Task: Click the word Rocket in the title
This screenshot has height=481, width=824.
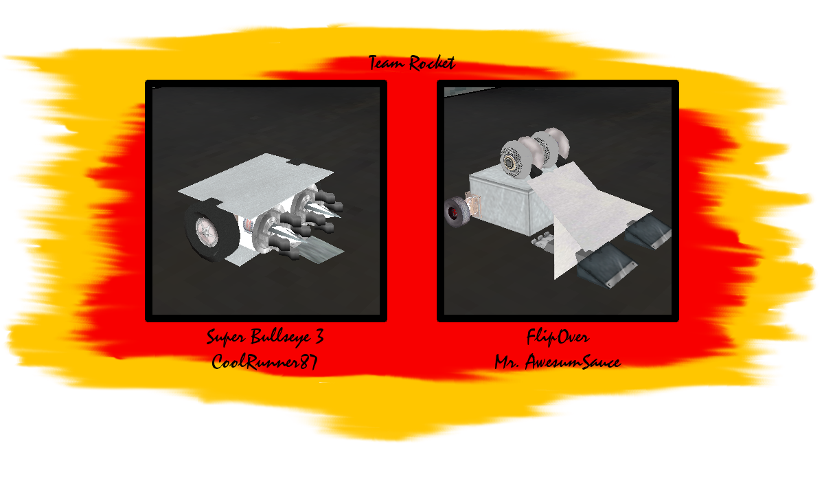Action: click(432, 63)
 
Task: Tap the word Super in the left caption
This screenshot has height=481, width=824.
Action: click(226, 337)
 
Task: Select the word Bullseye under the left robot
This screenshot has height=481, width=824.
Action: click(280, 337)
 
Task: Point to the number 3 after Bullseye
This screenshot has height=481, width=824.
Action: click(319, 337)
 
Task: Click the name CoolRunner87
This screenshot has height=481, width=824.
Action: click(264, 361)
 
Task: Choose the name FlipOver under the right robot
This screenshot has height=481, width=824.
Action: click(558, 337)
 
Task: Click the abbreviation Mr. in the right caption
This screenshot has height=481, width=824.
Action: click(507, 362)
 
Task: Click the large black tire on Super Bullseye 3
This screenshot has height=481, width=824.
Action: click(210, 231)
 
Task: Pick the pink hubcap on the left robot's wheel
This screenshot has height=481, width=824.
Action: click(207, 232)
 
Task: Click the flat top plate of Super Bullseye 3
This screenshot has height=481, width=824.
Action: click(256, 179)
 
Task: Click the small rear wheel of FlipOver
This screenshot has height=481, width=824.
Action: click(457, 212)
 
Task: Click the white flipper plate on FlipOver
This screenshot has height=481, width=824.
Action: click(585, 214)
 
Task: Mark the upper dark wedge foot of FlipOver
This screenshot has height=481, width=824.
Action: click(650, 232)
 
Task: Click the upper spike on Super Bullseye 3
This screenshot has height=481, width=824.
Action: click(323, 210)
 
